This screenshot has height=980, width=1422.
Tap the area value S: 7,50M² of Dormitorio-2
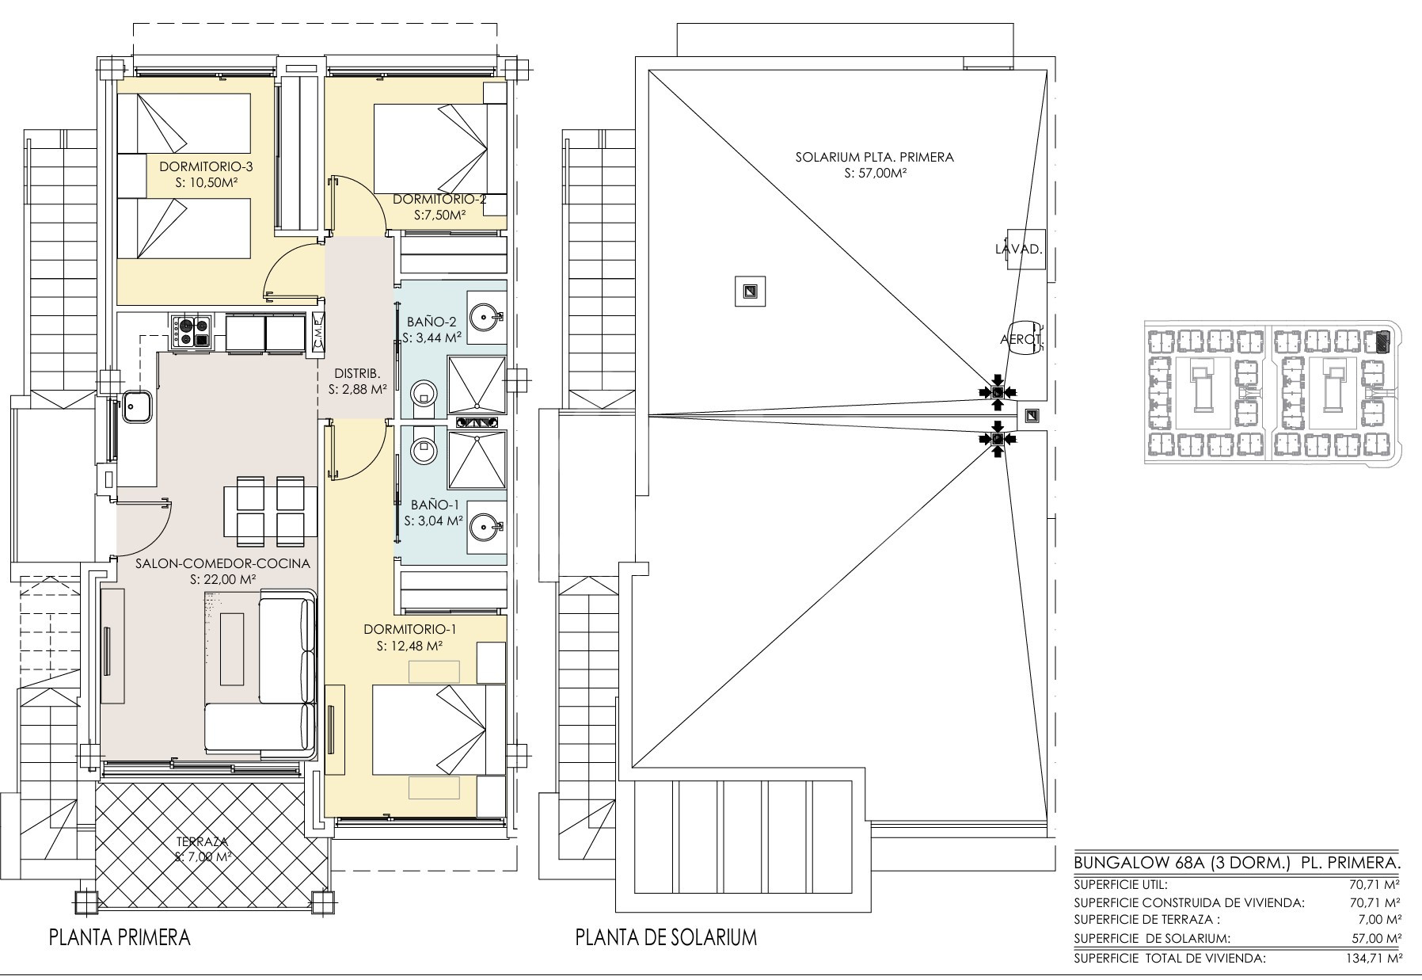(x=439, y=215)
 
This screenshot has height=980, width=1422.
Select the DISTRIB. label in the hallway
(x=358, y=373)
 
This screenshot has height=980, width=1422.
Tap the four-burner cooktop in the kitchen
(x=190, y=331)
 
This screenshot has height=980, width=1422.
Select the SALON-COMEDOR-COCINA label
(x=222, y=563)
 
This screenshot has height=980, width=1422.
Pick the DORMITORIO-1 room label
(x=410, y=629)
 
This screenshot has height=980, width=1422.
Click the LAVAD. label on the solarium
(x=1019, y=249)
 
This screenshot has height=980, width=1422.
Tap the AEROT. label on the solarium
(x=1022, y=340)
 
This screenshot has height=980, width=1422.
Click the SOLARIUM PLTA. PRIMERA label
(x=875, y=157)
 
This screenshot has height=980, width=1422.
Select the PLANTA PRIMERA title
(x=120, y=937)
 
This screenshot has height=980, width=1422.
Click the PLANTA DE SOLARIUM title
(x=666, y=937)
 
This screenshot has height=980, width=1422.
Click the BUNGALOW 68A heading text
(x=1139, y=863)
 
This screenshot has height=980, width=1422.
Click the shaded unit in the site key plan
(x=1382, y=341)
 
